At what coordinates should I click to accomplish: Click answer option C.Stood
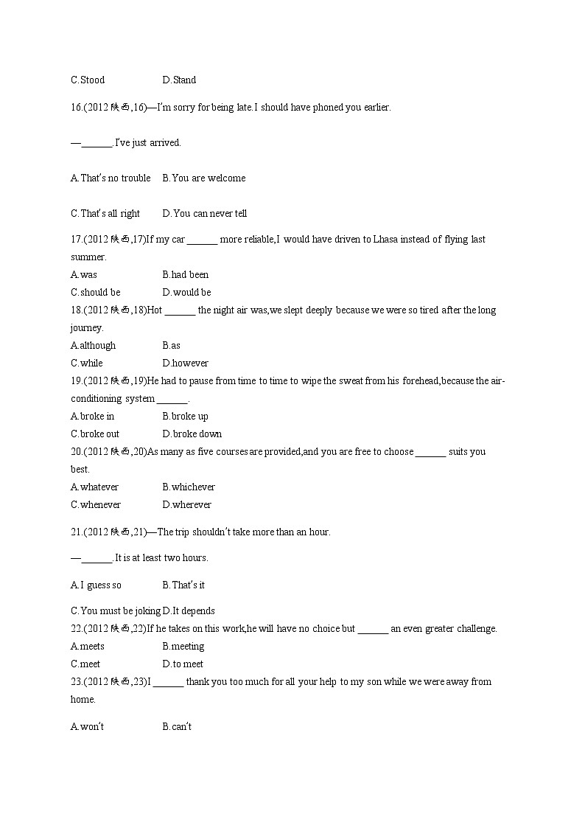[x=88, y=80]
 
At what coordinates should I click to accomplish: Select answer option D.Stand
[x=179, y=80]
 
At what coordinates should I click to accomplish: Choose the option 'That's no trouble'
[x=111, y=178]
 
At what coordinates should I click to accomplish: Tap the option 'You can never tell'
[x=205, y=213]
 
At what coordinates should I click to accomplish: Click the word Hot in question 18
[x=155, y=310]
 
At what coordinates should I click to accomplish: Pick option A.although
[x=93, y=345]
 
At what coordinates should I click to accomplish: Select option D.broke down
[x=192, y=434]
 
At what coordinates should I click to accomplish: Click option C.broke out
[x=95, y=434]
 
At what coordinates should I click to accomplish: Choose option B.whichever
[x=189, y=487]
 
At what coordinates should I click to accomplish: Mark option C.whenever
[x=96, y=504]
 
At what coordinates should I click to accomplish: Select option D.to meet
[x=183, y=664]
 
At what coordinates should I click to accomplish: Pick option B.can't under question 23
[x=177, y=726]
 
